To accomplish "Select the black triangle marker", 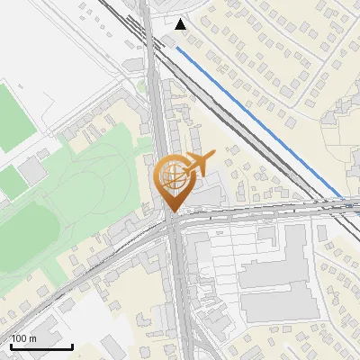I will tap(182, 24).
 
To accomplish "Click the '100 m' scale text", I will tap(23, 338).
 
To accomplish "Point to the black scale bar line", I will tap(40, 346).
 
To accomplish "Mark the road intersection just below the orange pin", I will tap(173, 223).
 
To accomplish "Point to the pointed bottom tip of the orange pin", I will tap(171, 211).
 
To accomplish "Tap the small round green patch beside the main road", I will tap(141, 87).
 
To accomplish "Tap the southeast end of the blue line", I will tap(341, 197).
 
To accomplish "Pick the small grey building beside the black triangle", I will tap(169, 40).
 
